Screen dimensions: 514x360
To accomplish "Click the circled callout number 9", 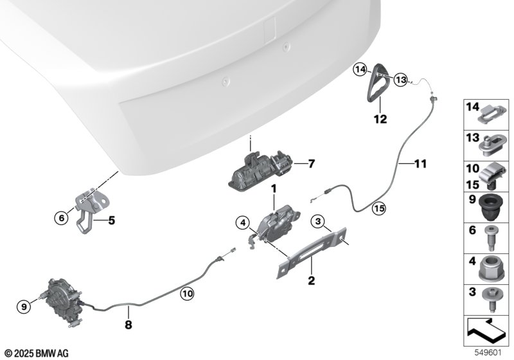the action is click(24, 307).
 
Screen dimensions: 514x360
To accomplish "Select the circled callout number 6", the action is click(61, 218).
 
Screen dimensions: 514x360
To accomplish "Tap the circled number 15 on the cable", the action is click(379, 208).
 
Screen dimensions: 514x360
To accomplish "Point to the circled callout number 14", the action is click(360, 69).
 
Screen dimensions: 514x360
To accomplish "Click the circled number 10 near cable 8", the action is click(187, 293).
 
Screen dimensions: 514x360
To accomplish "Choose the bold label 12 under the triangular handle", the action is click(380, 119).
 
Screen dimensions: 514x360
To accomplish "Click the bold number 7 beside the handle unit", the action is click(311, 163).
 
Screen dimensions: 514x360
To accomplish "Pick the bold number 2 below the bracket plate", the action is click(311, 280).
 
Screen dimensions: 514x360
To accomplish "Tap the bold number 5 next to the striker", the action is click(111, 221).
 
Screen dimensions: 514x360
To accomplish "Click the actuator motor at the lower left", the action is click(62, 301).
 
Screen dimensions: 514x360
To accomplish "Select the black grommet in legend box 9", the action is click(489, 207).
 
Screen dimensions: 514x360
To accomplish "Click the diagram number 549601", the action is click(488, 353).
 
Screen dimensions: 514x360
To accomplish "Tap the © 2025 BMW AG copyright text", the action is click(37, 354).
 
